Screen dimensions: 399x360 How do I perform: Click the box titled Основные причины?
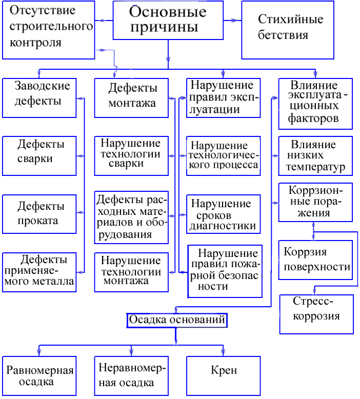point(168,20)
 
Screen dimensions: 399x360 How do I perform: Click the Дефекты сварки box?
point(39,152)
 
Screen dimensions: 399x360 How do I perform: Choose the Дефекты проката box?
point(39,213)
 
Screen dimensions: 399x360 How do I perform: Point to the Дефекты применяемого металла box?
point(39,272)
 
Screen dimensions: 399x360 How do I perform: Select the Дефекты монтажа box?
point(132,97)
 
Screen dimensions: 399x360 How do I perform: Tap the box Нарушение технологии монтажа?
point(131,271)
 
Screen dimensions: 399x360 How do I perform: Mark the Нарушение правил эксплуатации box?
point(221,97)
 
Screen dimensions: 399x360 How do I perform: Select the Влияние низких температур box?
point(315,155)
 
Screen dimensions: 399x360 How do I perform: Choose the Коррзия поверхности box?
point(315,260)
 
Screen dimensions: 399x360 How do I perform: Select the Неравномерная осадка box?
point(132,375)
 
